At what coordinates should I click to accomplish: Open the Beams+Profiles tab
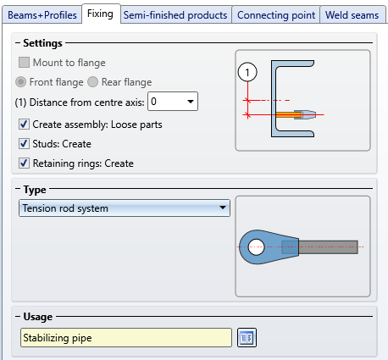click(x=42, y=15)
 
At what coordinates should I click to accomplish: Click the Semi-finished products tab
click(x=175, y=15)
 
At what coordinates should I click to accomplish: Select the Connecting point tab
click(x=276, y=15)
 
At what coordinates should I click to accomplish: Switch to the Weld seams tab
click(x=352, y=15)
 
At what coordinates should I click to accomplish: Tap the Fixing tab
click(x=100, y=14)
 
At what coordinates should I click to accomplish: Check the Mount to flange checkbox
click(x=24, y=63)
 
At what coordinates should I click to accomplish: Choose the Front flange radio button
click(x=20, y=82)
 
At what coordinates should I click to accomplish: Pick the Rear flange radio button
click(x=92, y=82)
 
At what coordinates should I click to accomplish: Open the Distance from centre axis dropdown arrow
click(x=191, y=102)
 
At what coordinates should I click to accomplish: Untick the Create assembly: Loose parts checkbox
click(x=24, y=125)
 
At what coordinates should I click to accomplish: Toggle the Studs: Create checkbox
click(x=24, y=144)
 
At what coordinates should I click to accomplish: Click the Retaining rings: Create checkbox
click(x=24, y=163)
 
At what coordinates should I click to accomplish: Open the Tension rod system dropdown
click(x=125, y=208)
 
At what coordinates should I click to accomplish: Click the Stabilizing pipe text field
click(x=126, y=338)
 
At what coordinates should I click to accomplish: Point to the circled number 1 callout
click(x=247, y=73)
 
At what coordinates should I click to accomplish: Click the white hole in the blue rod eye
click(x=256, y=247)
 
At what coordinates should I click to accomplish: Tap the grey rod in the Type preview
click(x=328, y=247)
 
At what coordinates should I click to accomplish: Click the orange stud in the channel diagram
click(x=288, y=114)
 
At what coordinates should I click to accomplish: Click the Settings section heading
click(x=42, y=43)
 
